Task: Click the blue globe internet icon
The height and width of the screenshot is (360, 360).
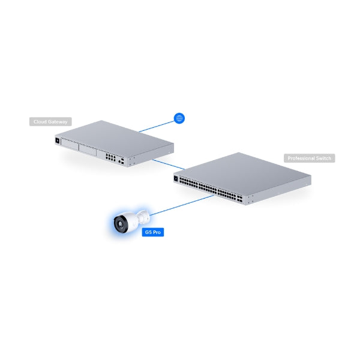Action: pos(178,118)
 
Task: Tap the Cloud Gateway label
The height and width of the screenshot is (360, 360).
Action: pos(50,122)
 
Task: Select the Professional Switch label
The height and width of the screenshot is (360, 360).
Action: pos(309,158)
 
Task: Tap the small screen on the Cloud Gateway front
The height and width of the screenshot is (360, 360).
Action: pos(58,142)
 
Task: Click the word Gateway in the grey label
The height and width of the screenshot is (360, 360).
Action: pos(59,122)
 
